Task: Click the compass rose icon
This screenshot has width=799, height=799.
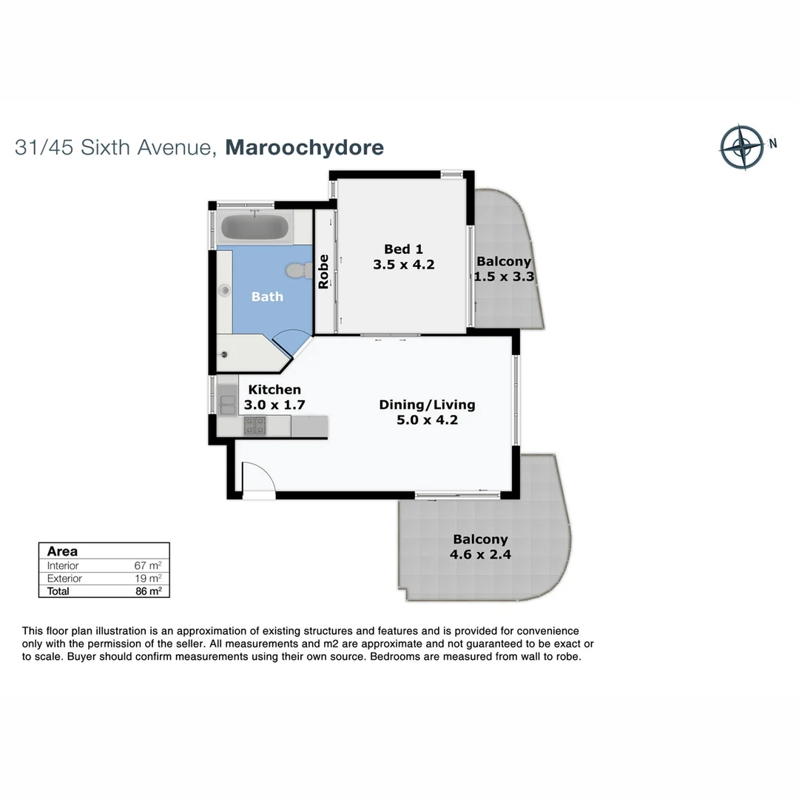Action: (x=741, y=146)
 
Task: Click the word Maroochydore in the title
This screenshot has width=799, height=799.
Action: (x=304, y=146)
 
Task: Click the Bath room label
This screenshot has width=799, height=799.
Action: (x=267, y=297)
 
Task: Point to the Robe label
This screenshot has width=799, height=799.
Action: (x=323, y=272)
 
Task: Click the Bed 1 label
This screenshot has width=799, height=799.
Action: (x=403, y=249)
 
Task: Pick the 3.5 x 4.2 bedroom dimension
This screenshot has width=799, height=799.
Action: (x=403, y=264)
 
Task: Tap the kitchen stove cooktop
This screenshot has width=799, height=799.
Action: (x=255, y=425)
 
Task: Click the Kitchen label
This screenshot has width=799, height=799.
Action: (x=274, y=389)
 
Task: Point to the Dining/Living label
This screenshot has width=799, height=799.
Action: (x=427, y=405)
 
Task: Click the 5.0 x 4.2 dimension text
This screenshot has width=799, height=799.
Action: (x=427, y=421)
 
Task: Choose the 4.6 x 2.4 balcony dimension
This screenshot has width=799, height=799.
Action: (x=480, y=555)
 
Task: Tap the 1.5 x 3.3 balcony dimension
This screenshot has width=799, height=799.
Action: (x=504, y=277)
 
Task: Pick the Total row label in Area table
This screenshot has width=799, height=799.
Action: (x=58, y=591)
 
